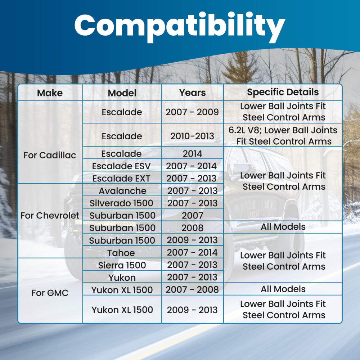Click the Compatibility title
(x=180, y=27)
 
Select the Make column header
(x=50, y=93)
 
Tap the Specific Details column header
(x=283, y=92)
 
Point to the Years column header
(x=192, y=93)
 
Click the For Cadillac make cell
(x=50, y=155)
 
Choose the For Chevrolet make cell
(x=50, y=216)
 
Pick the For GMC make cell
(x=50, y=293)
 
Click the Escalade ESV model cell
(x=121, y=166)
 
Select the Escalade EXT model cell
(x=121, y=179)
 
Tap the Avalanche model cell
(x=122, y=191)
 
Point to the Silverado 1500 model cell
(x=121, y=203)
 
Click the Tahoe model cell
(x=121, y=253)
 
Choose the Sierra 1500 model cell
(x=122, y=265)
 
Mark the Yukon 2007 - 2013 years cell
(x=192, y=277)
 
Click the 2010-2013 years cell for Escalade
(x=192, y=136)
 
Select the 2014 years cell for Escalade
(x=192, y=154)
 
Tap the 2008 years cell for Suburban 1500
(x=192, y=228)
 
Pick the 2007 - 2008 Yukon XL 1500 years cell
(x=192, y=290)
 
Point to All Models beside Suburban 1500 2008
(x=283, y=227)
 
